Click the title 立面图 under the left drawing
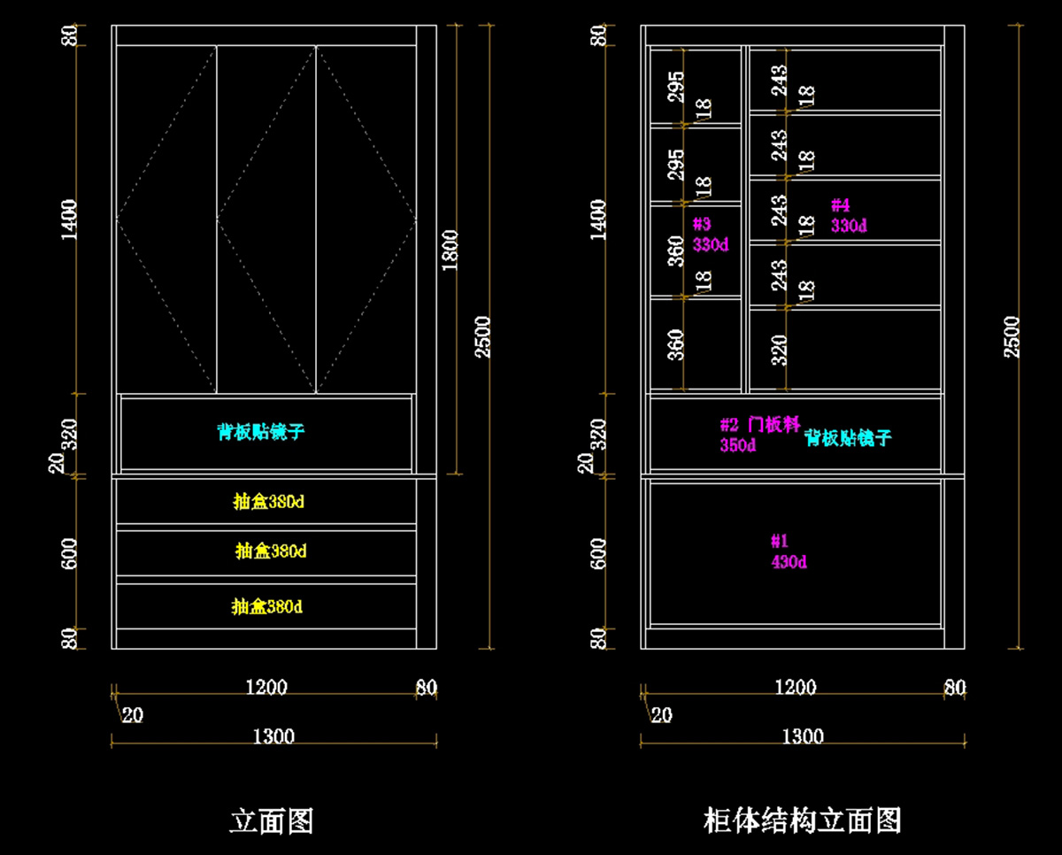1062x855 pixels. tap(272, 820)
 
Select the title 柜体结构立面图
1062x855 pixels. tap(802, 820)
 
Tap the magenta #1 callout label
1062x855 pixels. tap(779, 541)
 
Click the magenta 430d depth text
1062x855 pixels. tap(789, 562)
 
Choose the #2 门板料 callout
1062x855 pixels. tap(760, 426)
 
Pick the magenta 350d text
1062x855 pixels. tap(737, 445)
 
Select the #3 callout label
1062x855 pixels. tap(702, 224)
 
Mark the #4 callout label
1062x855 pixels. tap(840, 205)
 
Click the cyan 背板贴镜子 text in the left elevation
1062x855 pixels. tap(261, 432)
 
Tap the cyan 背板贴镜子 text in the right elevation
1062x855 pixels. tap(847, 437)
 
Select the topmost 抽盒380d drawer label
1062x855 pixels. tap(268, 502)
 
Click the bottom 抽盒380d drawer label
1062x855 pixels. tap(267, 607)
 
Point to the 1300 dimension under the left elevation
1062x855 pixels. tap(273, 736)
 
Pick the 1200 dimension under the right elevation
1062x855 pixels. tap(796, 688)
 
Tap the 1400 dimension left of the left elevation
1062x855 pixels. tap(70, 219)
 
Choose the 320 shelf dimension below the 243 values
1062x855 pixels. tap(779, 350)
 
